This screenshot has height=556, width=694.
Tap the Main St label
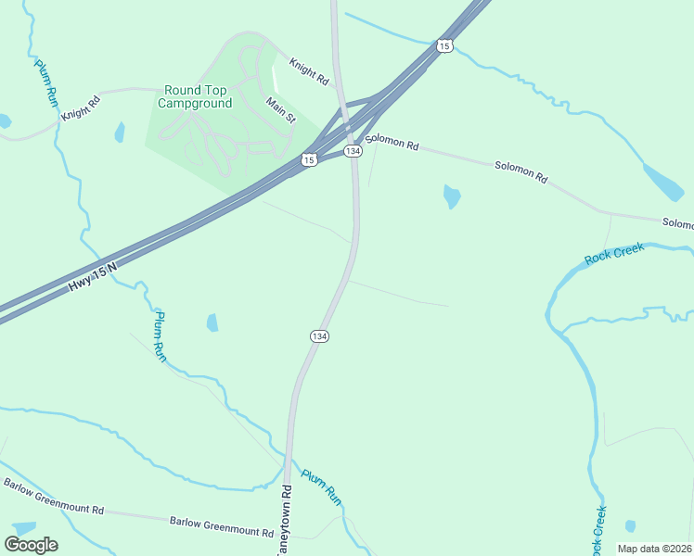280,110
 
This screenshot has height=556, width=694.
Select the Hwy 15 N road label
93,277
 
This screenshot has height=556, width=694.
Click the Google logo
32,545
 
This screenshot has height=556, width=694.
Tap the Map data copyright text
655,548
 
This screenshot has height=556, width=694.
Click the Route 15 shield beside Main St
309,160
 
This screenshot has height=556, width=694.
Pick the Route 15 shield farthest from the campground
445,45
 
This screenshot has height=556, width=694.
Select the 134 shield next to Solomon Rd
352,150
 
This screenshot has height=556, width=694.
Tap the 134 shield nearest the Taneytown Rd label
319,335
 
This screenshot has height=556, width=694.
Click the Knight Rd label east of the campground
309,72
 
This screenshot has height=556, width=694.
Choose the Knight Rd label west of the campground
80,109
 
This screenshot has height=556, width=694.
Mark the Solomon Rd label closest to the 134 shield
392,145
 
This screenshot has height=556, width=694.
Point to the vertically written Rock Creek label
598,530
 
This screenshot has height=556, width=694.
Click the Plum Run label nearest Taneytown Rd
321,488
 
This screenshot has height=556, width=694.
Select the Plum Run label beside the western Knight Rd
46,82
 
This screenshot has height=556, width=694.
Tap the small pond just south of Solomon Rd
452,196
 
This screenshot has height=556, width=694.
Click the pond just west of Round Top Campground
120,133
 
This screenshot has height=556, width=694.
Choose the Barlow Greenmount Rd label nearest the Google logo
54,497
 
